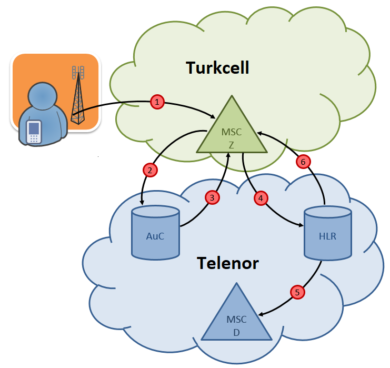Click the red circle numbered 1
[x=157, y=102]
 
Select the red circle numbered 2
[x=150, y=170]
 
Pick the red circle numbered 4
[x=261, y=198]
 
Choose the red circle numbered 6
[x=303, y=162]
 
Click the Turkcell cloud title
[x=217, y=68]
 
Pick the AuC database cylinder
[x=155, y=234]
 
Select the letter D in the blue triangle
[x=236, y=331]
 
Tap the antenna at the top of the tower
[x=78, y=71]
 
